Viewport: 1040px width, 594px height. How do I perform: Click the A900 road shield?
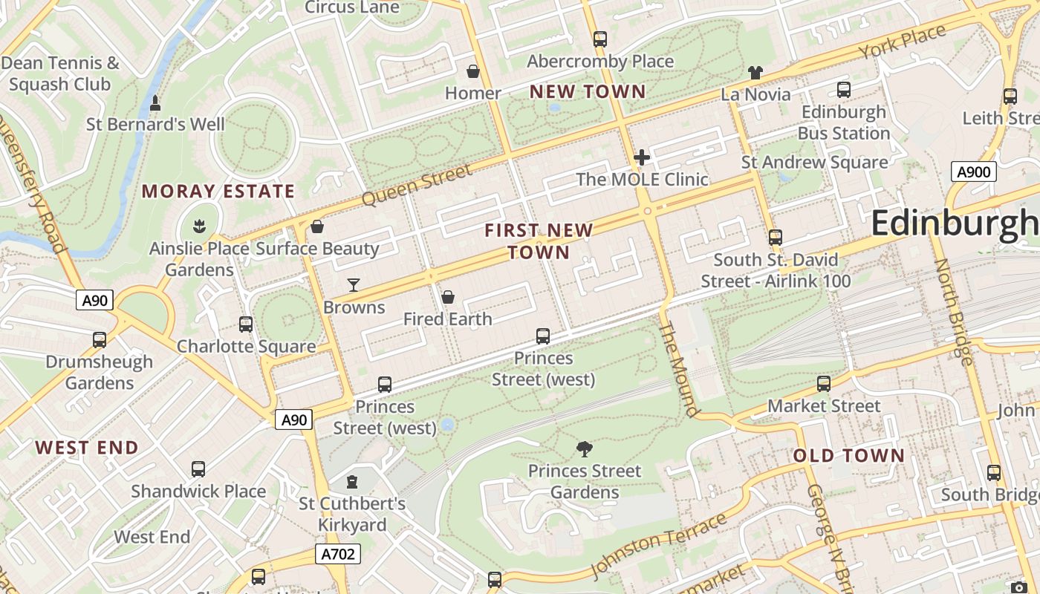973,172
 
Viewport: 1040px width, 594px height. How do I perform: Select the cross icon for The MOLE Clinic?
642,157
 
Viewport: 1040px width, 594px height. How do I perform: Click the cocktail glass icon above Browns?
354,285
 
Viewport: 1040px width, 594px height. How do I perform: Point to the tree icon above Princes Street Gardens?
585,448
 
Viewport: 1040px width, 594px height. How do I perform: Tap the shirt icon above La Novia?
755,73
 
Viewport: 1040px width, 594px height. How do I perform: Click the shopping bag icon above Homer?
472,71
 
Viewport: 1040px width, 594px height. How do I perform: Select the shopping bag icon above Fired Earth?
448,297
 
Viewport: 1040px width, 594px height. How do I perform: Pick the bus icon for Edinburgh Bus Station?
844,90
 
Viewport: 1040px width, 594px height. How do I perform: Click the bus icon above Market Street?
824,384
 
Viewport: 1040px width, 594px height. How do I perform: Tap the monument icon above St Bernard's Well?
155,102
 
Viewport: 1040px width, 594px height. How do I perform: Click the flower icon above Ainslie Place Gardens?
199,225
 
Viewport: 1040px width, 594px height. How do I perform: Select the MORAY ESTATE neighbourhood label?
218,192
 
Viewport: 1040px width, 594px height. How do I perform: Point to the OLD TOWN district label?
849,455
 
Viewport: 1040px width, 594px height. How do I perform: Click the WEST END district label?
87,448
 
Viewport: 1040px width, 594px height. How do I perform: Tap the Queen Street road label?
417,186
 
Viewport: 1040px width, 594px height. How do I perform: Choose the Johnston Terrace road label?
659,545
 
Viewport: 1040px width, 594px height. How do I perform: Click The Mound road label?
679,370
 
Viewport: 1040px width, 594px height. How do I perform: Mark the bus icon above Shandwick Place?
198,469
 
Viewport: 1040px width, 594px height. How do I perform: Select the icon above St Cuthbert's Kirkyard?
352,482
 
